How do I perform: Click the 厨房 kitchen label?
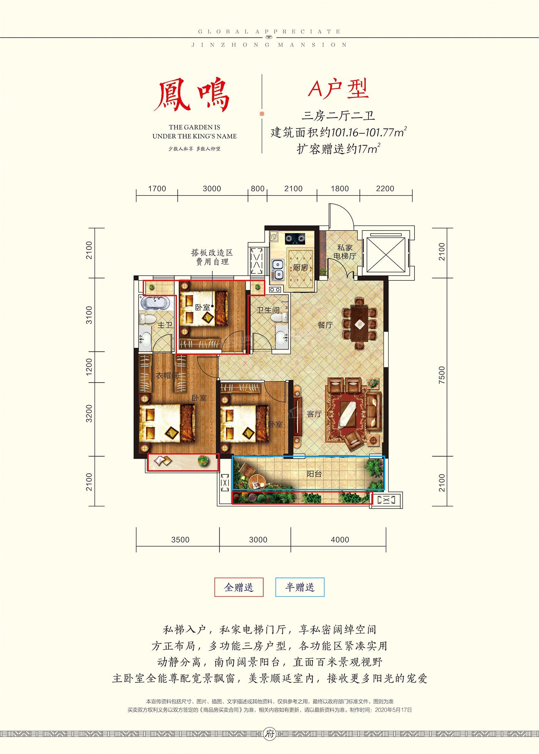point(300,267)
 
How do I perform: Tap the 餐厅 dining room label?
point(325,325)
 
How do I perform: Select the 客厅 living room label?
point(314,414)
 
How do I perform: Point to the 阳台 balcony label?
point(314,474)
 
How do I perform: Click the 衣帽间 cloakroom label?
point(167,376)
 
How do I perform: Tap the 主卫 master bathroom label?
point(165,325)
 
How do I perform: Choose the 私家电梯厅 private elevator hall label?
point(345,252)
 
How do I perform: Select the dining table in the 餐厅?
point(360,324)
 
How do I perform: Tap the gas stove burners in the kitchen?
point(295,238)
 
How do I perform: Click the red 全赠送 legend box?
point(239,587)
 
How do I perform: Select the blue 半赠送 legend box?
point(300,587)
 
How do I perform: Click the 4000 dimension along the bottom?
point(340,540)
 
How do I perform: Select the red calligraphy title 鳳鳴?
point(192,95)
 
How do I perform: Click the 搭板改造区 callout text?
point(212,253)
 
